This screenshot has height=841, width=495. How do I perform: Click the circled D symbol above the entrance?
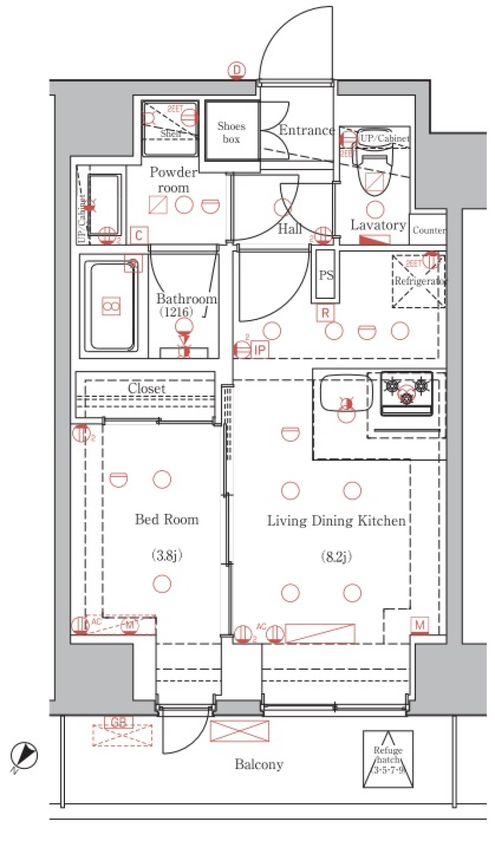click(x=237, y=71)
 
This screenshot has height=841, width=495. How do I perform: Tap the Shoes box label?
click(x=231, y=132)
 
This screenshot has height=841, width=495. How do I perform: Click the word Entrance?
click(x=306, y=130)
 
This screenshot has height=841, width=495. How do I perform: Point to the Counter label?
click(x=428, y=230)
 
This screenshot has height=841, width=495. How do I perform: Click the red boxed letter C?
click(x=139, y=236)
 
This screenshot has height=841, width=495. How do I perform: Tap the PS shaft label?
click(x=326, y=275)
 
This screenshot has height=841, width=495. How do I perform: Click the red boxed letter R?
click(x=325, y=313)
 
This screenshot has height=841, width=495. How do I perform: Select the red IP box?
click(x=259, y=350)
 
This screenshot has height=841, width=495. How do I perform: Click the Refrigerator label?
click(x=419, y=281)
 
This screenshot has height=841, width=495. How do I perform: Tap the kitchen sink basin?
click(x=344, y=393)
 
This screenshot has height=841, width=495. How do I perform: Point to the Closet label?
click(x=146, y=388)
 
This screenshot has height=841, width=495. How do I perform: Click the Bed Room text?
click(x=167, y=519)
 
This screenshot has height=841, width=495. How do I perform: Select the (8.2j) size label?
click(x=336, y=557)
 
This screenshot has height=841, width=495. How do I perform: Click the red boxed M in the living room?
click(x=420, y=625)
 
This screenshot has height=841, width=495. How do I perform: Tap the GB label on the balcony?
click(x=119, y=722)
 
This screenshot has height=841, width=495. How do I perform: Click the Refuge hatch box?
click(x=388, y=759)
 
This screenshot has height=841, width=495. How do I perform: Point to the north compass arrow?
click(x=24, y=756)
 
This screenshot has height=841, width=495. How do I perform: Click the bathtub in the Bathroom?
click(x=113, y=306)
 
